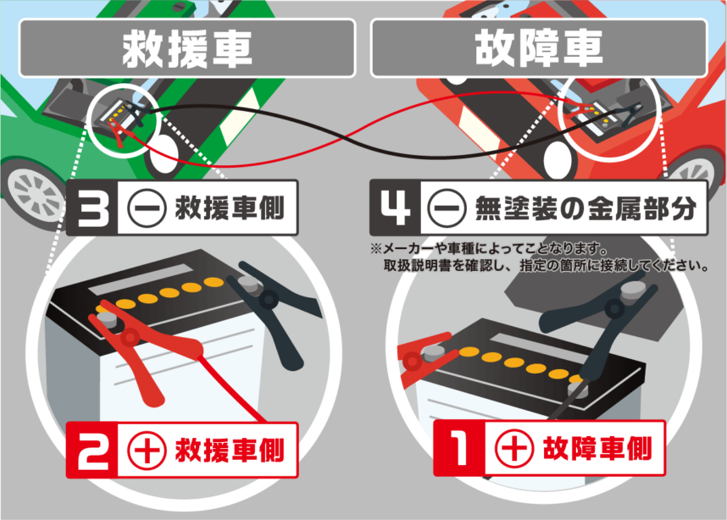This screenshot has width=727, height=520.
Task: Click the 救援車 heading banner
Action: tap(187, 47)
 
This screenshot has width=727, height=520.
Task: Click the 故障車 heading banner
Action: tap(539, 47)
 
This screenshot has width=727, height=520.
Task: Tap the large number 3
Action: tap(92, 207)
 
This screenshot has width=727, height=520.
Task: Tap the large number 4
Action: tap(395, 207)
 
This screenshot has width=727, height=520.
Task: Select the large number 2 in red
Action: tap(92, 451)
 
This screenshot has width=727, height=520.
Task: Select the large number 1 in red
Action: tap(459, 448)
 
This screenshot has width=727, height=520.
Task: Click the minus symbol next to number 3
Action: tap(147, 208)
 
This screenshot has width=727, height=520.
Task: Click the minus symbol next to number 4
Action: tap(446, 208)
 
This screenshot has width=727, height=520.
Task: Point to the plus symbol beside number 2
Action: tap(147, 450)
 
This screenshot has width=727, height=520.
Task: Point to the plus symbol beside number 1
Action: tap(513, 448)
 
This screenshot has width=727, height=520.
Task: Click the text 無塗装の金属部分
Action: tap(585, 208)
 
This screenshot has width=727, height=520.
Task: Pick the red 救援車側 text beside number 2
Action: tap(230, 450)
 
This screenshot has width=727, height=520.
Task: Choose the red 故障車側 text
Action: tap(597, 448)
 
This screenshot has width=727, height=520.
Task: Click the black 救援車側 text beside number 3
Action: tap(230, 208)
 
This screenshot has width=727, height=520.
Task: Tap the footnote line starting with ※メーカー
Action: tap(490, 249)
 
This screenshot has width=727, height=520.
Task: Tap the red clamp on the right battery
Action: tap(425, 357)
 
